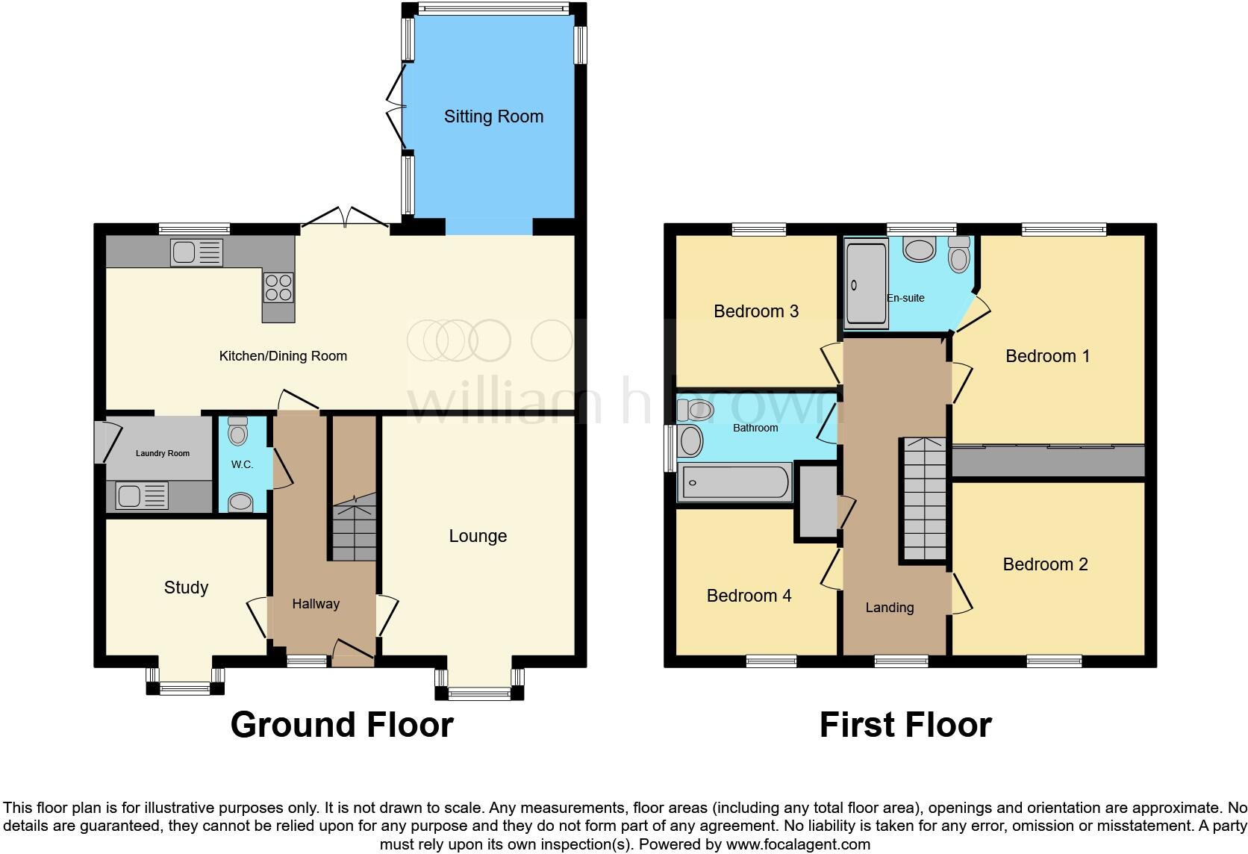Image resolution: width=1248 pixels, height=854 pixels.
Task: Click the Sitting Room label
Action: (493, 116)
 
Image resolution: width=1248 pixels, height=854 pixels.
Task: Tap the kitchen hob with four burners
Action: (278, 287)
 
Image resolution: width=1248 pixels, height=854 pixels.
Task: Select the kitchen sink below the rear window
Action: (196, 252)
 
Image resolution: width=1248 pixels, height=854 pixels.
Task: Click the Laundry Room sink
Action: (142, 495)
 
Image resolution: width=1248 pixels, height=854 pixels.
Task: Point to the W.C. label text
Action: (242, 464)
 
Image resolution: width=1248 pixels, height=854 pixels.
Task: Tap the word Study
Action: (186, 587)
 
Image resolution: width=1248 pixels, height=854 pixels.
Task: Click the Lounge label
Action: (478, 536)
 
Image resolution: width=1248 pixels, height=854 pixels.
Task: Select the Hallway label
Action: (316, 604)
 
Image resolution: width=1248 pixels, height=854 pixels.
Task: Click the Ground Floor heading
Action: (342, 725)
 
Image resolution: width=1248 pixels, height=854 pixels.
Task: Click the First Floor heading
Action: (905, 725)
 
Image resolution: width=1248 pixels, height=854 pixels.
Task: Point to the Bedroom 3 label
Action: (756, 311)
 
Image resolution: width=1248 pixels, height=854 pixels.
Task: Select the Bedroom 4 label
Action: (749, 596)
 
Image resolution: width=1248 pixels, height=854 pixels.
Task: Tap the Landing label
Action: (889, 608)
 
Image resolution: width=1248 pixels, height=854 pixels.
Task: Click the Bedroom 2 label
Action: (1045, 564)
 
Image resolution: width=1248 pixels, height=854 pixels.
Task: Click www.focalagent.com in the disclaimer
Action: (798, 844)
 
